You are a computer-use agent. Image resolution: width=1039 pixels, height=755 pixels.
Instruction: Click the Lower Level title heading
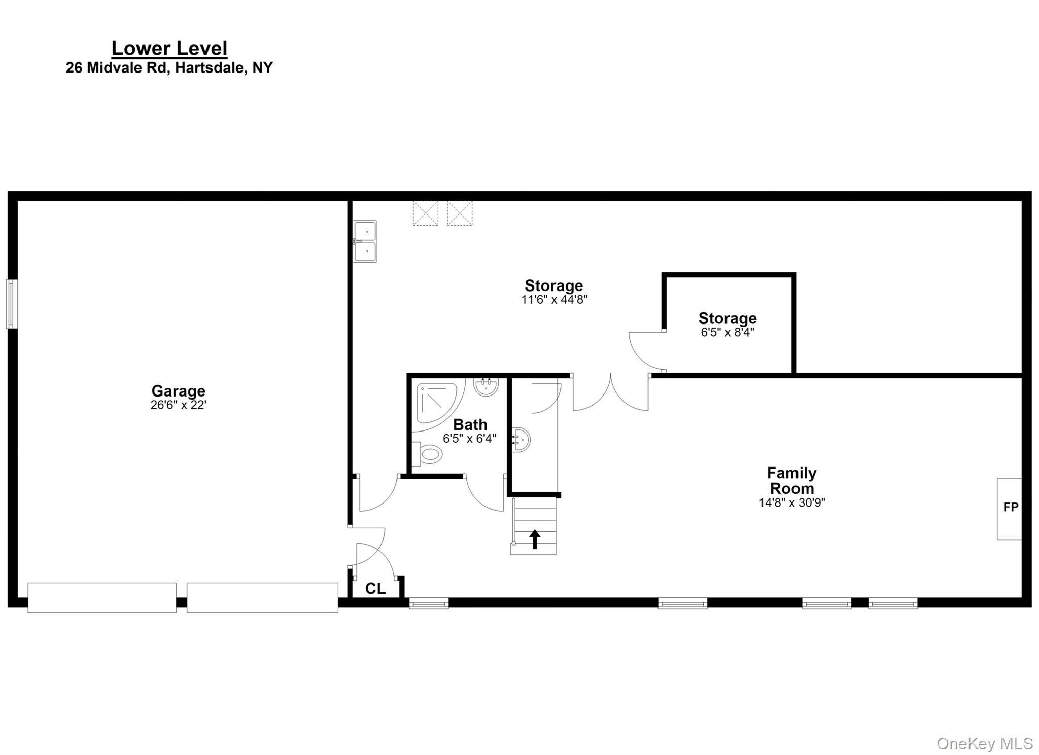[169, 49]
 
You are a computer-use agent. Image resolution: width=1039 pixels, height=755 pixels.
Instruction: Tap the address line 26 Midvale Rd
[169, 67]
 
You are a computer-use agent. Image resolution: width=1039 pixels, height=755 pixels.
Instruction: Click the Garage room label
[178, 391]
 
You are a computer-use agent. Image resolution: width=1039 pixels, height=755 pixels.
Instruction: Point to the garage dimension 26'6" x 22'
[178, 405]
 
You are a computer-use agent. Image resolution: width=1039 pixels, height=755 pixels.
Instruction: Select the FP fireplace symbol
[1010, 509]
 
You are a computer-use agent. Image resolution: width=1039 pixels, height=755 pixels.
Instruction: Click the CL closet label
[375, 588]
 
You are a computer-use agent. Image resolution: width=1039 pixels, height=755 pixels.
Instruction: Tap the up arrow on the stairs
[535, 539]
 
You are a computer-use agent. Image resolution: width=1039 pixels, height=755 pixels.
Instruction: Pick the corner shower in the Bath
[435, 406]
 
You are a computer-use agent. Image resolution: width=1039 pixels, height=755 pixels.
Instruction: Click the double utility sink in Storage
[365, 241]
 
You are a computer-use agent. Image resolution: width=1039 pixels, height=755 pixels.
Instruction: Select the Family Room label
[792, 481]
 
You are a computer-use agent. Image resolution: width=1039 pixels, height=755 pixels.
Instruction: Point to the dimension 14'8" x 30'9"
[792, 502]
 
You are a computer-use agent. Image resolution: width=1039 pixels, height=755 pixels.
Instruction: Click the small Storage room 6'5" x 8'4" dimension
[728, 333]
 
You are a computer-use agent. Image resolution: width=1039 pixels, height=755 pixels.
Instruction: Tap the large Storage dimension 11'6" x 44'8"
[554, 299]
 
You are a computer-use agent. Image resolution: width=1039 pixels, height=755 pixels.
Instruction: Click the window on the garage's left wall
[12, 304]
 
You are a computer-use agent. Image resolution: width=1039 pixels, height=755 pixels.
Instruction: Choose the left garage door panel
[102, 598]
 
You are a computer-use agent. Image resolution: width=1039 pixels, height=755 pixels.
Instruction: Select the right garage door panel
[262, 598]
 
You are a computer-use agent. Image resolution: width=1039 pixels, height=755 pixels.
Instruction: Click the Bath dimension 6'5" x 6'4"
[470, 439]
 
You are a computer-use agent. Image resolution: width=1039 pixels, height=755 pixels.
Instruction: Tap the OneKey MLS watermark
[985, 743]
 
